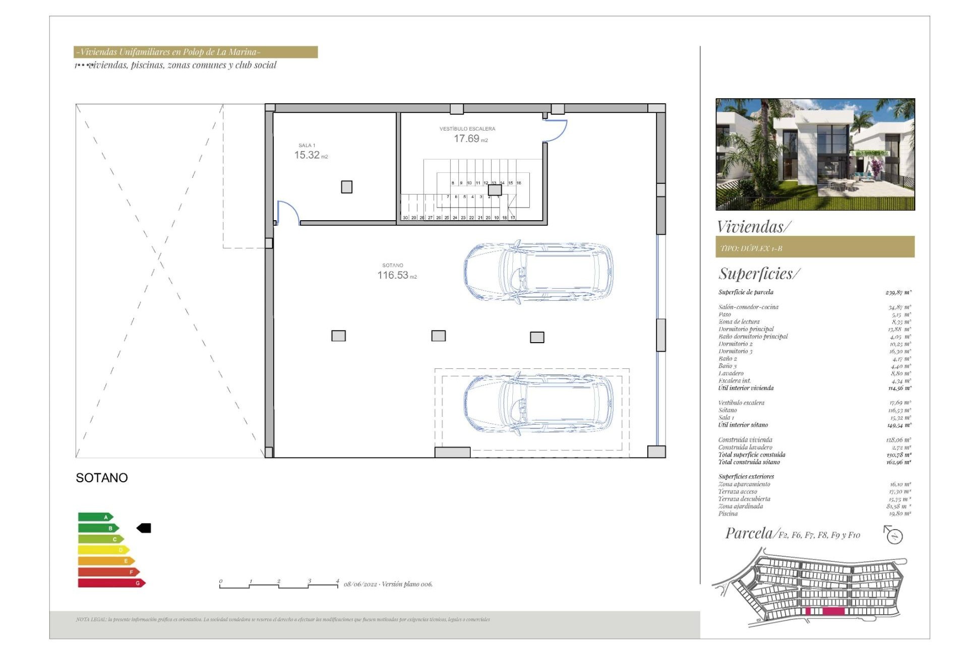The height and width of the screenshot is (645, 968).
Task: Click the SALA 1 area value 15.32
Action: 307,155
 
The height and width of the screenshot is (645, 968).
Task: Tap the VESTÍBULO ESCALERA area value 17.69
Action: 466,139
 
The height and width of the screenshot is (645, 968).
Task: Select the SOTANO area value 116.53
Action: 393,275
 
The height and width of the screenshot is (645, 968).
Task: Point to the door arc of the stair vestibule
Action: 558,132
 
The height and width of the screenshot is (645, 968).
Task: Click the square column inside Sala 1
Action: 347,187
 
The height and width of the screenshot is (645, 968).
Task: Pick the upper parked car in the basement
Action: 538,272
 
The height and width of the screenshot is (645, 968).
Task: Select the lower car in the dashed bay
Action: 538,404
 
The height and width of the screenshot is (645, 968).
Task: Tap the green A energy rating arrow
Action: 96,517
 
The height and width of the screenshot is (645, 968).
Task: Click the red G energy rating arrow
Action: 111,583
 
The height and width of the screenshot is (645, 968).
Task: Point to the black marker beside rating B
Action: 144,528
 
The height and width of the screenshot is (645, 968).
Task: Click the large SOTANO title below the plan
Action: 102,478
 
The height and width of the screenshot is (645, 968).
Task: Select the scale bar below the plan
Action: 279,585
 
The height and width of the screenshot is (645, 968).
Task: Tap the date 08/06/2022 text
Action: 360,585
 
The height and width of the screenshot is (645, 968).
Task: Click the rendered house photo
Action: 815,154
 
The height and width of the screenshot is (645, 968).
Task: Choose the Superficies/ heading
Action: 759,274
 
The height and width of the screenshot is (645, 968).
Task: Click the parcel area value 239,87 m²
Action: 898,292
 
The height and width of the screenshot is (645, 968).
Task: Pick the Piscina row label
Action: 728,513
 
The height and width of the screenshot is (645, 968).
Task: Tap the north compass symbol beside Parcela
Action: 894,535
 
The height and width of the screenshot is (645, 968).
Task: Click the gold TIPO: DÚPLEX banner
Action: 815,247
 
